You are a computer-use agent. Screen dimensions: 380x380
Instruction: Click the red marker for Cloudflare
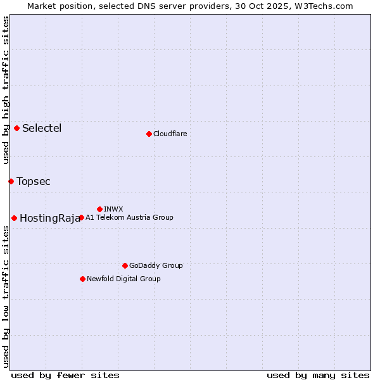point(149,134)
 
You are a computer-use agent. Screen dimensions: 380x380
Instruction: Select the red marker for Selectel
point(16,128)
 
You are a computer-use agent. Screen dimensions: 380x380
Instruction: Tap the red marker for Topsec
point(11,181)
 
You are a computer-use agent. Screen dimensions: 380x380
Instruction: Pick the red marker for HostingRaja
point(14,218)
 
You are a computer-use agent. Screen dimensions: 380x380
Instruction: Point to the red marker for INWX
point(99,209)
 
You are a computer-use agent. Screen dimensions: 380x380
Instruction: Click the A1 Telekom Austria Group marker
point(81,217)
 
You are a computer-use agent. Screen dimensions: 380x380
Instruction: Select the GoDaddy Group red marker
point(125,265)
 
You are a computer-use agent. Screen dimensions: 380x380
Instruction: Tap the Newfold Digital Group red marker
point(82,279)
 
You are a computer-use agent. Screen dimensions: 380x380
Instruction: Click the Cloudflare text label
point(170,134)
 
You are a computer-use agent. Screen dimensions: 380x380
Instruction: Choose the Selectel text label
point(42,128)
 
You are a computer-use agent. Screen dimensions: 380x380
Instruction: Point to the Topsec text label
point(34,181)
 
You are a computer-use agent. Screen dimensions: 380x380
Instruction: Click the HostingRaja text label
point(50,218)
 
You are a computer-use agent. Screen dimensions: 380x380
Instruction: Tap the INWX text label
point(113,209)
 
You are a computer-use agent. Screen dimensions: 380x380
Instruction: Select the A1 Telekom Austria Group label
point(129,217)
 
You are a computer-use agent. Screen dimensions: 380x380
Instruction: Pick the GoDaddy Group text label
point(156,265)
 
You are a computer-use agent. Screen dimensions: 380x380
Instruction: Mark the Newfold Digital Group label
point(123,279)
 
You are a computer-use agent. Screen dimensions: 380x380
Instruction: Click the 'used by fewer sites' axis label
point(65,375)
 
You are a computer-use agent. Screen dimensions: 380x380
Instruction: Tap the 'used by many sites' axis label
point(318,375)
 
